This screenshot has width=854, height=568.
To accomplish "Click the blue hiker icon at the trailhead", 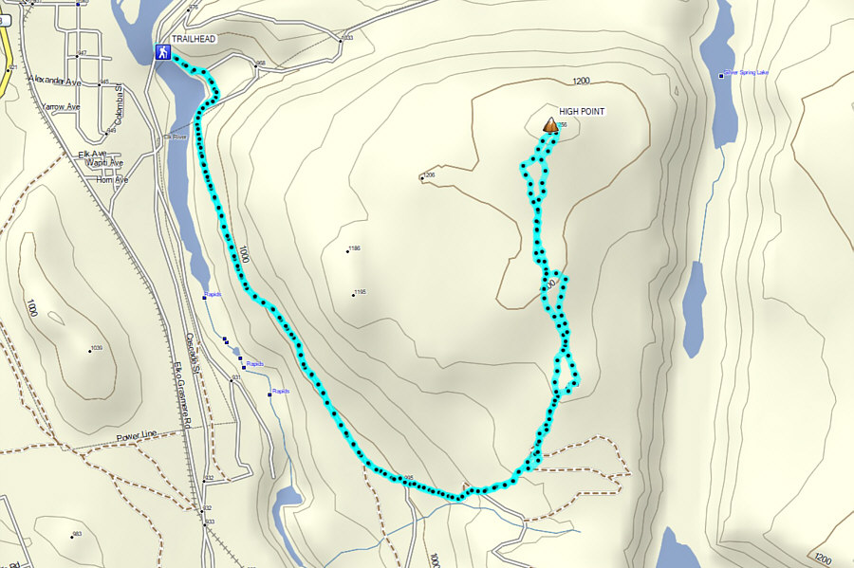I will click(x=162, y=53).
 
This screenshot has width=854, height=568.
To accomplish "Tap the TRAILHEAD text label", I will click(x=195, y=40).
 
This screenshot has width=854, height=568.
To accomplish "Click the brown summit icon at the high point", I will click(x=549, y=124).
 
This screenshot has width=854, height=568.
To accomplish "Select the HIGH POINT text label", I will click(x=582, y=112).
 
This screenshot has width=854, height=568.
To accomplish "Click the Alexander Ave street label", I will click(x=55, y=81).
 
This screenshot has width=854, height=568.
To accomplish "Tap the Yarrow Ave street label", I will click(x=61, y=107).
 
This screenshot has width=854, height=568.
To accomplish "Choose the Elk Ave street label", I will click(x=93, y=154).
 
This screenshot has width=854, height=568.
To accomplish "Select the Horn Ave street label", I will click(x=112, y=179).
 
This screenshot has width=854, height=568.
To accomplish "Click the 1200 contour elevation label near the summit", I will click(x=582, y=82).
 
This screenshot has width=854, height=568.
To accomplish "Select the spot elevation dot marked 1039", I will click(x=90, y=350).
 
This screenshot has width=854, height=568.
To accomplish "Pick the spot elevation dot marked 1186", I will click(x=349, y=250).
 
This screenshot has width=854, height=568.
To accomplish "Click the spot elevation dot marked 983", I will click(x=72, y=536).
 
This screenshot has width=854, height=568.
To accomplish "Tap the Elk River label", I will click(x=176, y=137).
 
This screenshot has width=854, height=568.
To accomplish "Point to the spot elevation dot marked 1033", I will click(x=340, y=40).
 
